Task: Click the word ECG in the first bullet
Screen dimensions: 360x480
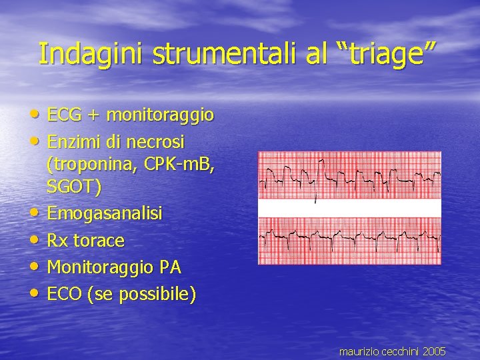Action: [66, 115]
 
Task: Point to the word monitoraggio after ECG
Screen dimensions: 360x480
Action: [161, 115]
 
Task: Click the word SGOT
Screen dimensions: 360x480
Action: [72, 189]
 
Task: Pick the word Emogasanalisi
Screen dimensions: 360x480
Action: [105, 214]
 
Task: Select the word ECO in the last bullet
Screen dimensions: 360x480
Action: [65, 294]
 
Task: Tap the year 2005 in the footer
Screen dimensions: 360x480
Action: [434, 351]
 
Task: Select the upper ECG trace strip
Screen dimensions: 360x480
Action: [349, 175]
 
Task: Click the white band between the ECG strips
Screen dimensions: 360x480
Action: [349, 208]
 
